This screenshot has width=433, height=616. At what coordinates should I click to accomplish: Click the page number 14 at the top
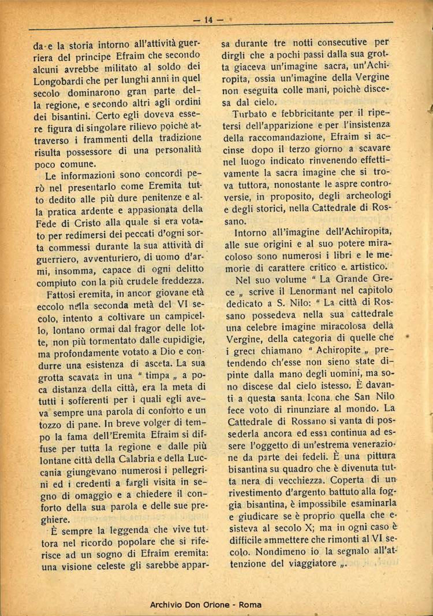tap(208, 20)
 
